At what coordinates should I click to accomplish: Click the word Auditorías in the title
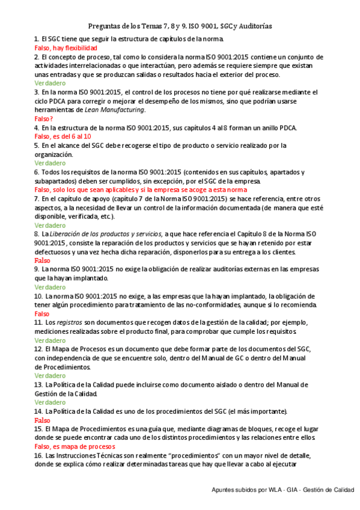click(x=251, y=26)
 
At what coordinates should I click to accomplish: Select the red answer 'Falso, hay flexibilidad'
click(x=65, y=48)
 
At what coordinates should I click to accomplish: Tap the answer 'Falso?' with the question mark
click(x=44, y=118)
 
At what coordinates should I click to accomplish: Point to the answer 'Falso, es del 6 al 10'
click(x=63, y=137)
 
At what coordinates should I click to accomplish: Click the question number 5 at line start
click(x=37, y=146)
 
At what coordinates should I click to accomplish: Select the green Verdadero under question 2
click(x=50, y=83)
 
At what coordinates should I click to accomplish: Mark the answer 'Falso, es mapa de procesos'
click(x=75, y=447)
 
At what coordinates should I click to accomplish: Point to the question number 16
click(x=38, y=456)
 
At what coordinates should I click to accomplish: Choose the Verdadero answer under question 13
click(x=50, y=402)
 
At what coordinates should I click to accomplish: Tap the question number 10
click(x=38, y=296)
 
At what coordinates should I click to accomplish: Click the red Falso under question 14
click(x=43, y=420)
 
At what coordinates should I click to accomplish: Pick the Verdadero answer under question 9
click(x=50, y=287)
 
